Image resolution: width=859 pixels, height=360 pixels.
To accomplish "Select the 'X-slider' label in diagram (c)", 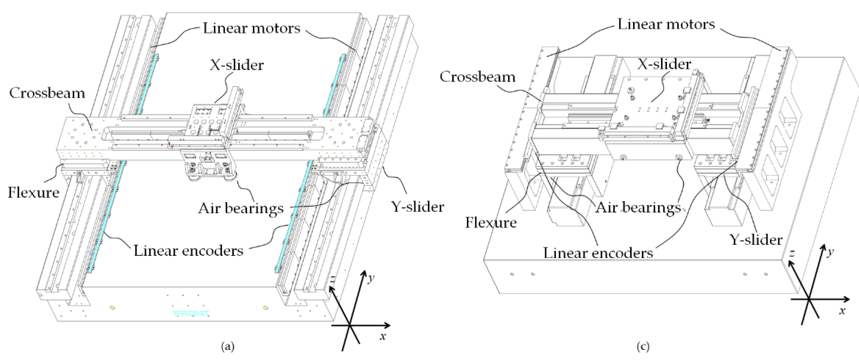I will (x=664, y=64).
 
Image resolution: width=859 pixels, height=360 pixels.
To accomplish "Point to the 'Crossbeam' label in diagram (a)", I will (x=47, y=93).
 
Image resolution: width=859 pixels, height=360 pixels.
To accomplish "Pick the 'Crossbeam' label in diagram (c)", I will (x=477, y=77).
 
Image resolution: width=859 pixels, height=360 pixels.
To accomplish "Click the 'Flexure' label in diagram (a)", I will (x=33, y=193).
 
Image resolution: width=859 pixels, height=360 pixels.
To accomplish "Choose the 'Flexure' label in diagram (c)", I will (x=490, y=223).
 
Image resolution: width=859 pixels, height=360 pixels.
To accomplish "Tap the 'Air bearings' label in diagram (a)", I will (x=240, y=209).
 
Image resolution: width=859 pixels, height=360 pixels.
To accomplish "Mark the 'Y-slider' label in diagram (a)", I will (x=417, y=207).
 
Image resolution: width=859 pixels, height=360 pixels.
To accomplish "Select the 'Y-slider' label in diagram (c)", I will (x=756, y=240).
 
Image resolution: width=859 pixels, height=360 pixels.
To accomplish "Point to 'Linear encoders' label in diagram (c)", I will (x=598, y=253).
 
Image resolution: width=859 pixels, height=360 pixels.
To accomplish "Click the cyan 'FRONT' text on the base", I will (x=191, y=314).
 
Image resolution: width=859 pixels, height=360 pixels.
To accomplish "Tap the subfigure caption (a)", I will (x=228, y=347).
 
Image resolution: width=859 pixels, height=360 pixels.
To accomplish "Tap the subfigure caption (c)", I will (x=643, y=347).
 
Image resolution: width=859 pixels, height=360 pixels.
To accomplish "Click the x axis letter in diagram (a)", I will (x=383, y=336).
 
